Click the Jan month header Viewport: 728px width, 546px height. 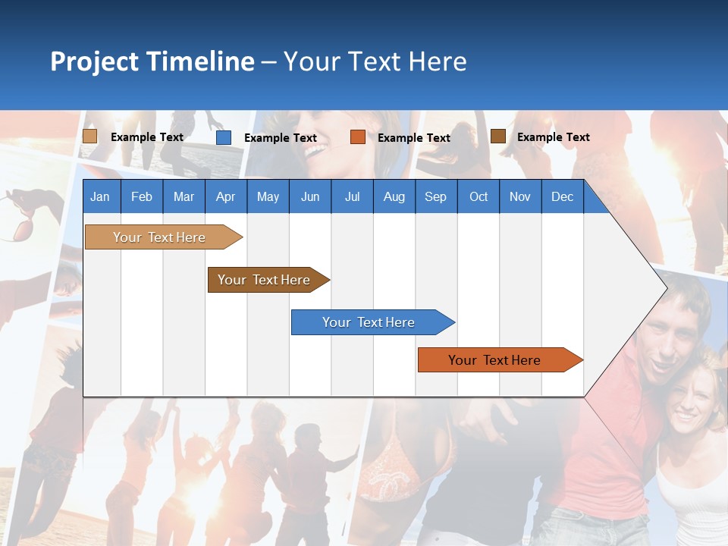(100, 197)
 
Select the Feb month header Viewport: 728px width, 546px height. (142, 197)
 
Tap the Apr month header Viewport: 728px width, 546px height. (226, 197)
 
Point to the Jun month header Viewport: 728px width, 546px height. (310, 197)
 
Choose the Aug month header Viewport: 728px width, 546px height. (394, 197)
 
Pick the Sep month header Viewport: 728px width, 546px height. (436, 197)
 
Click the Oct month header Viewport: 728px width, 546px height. (479, 197)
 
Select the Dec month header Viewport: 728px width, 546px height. (563, 197)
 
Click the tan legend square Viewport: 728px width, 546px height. (90, 136)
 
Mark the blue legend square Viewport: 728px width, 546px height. (224, 137)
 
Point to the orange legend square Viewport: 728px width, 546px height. (358, 137)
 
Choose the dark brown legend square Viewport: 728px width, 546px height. (498, 136)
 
